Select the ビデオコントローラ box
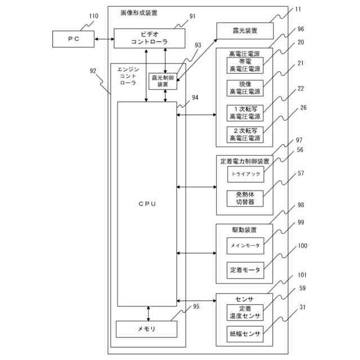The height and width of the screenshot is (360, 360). (150, 38)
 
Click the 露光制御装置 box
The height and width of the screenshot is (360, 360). (163, 81)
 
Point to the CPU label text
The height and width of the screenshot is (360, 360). (147, 204)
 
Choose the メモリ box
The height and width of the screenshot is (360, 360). (146, 328)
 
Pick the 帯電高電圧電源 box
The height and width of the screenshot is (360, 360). (245, 65)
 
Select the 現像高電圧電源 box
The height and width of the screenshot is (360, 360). (245, 88)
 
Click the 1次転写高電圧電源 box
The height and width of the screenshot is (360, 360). (245, 112)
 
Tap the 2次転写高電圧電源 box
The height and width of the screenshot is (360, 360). (245, 135)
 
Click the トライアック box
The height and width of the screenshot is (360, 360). (245, 174)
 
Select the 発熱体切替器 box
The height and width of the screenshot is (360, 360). (245, 198)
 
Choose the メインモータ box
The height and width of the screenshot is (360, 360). (245, 245)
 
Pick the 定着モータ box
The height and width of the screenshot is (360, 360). (245, 270)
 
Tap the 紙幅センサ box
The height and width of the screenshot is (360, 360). (245, 334)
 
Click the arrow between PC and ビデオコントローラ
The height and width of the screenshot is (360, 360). (105, 39)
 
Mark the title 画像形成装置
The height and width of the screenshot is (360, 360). (139, 12)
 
